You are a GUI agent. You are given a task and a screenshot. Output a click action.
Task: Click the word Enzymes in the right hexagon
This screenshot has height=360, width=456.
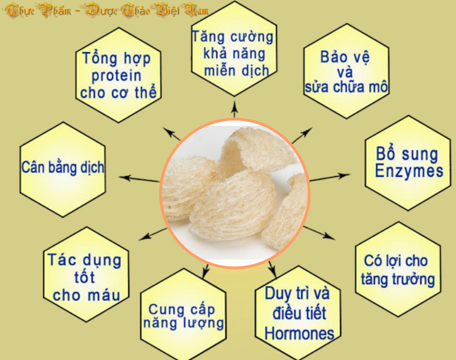[x=409, y=171]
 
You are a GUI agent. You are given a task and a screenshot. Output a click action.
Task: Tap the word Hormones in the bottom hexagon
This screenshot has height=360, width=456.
[x=299, y=333]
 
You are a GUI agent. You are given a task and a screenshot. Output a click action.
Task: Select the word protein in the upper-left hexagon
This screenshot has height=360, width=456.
[x=116, y=76]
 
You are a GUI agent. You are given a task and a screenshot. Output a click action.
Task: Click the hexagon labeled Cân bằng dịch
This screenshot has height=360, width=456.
[x=62, y=169]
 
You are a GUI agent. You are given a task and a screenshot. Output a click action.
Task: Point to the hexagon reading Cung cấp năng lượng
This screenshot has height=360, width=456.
[x=183, y=314]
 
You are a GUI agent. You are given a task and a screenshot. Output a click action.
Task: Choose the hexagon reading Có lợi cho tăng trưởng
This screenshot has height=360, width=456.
[x=398, y=269]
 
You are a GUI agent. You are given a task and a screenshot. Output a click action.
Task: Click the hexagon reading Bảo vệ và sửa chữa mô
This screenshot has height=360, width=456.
[x=347, y=71]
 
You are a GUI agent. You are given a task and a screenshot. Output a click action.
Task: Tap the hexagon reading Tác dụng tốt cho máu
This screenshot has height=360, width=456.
[x=86, y=275]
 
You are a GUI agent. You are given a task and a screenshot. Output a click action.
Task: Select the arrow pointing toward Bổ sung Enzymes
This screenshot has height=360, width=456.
[x=330, y=178]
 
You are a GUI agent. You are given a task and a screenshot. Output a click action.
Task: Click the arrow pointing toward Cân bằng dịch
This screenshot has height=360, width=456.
[x=139, y=179]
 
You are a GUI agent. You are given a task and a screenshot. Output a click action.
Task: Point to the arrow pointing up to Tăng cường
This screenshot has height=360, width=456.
[x=235, y=109]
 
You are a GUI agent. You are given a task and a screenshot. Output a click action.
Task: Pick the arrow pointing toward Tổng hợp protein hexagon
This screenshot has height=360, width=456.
[x=171, y=134]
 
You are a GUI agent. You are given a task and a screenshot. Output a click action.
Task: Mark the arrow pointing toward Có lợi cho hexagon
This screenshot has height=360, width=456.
[x=319, y=233]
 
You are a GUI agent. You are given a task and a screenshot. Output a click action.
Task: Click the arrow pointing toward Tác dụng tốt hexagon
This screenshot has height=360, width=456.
[x=153, y=234]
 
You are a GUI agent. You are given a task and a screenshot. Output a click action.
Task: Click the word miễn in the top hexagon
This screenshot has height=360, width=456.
[x=220, y=71]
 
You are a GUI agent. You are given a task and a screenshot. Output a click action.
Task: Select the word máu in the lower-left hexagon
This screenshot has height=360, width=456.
[x=104, y=295]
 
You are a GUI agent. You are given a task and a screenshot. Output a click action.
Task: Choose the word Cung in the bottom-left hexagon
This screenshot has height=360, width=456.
[x=162, y=310]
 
